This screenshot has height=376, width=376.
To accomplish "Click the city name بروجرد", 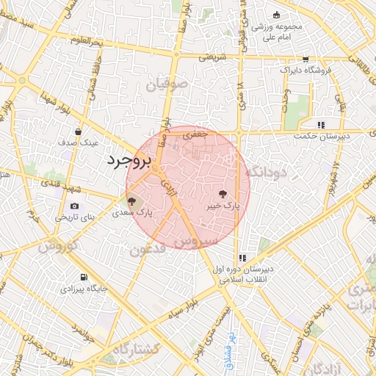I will pyautogui.click(x=128, y=162).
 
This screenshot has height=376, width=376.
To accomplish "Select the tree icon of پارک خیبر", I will pyautogui.click(x=223, y=194).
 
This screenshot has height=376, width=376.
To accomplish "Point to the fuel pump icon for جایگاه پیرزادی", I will pyautogui.click(x=86, y=277).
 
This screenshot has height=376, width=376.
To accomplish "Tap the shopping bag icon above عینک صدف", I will pyautogui.click(x=78, y=131).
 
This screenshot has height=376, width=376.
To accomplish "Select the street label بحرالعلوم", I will pyautogui.click(x=86, y=41).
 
